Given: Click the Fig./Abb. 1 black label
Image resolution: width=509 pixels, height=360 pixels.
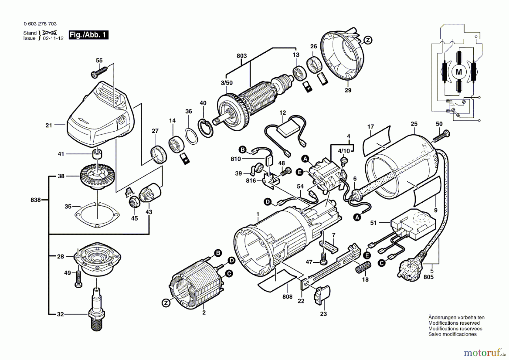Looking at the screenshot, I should click(88, 35).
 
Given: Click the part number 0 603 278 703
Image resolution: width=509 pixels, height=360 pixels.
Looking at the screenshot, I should click(40, 24).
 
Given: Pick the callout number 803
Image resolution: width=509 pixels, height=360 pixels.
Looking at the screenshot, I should click(241, 56).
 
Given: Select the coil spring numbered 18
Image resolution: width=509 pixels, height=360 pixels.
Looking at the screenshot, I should click(363, 267).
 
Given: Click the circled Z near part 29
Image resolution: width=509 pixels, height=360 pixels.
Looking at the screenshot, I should click(368, 40).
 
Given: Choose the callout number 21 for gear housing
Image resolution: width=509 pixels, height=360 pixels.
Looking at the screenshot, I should click(49, 125).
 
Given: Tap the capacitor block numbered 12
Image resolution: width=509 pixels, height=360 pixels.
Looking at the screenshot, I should click(288, 130).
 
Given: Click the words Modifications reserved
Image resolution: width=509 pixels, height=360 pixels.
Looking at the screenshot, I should click(454, 323).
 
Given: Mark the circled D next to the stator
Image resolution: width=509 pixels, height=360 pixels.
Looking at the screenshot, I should click(231, 261).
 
